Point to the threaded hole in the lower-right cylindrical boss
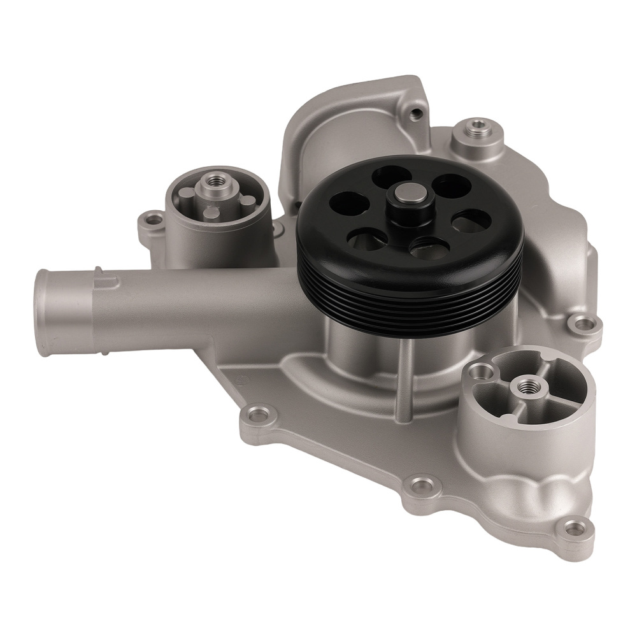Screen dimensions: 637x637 click(x=527, y=385)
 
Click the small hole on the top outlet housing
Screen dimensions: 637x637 click(x=417, y=115)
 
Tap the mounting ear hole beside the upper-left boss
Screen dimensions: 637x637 click(x=154, y=220)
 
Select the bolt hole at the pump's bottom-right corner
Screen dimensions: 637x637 click(x=574, y=528)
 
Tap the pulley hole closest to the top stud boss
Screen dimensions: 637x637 click(x=452, y=186)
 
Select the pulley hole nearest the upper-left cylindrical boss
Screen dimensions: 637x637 click(x=348, y=203)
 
